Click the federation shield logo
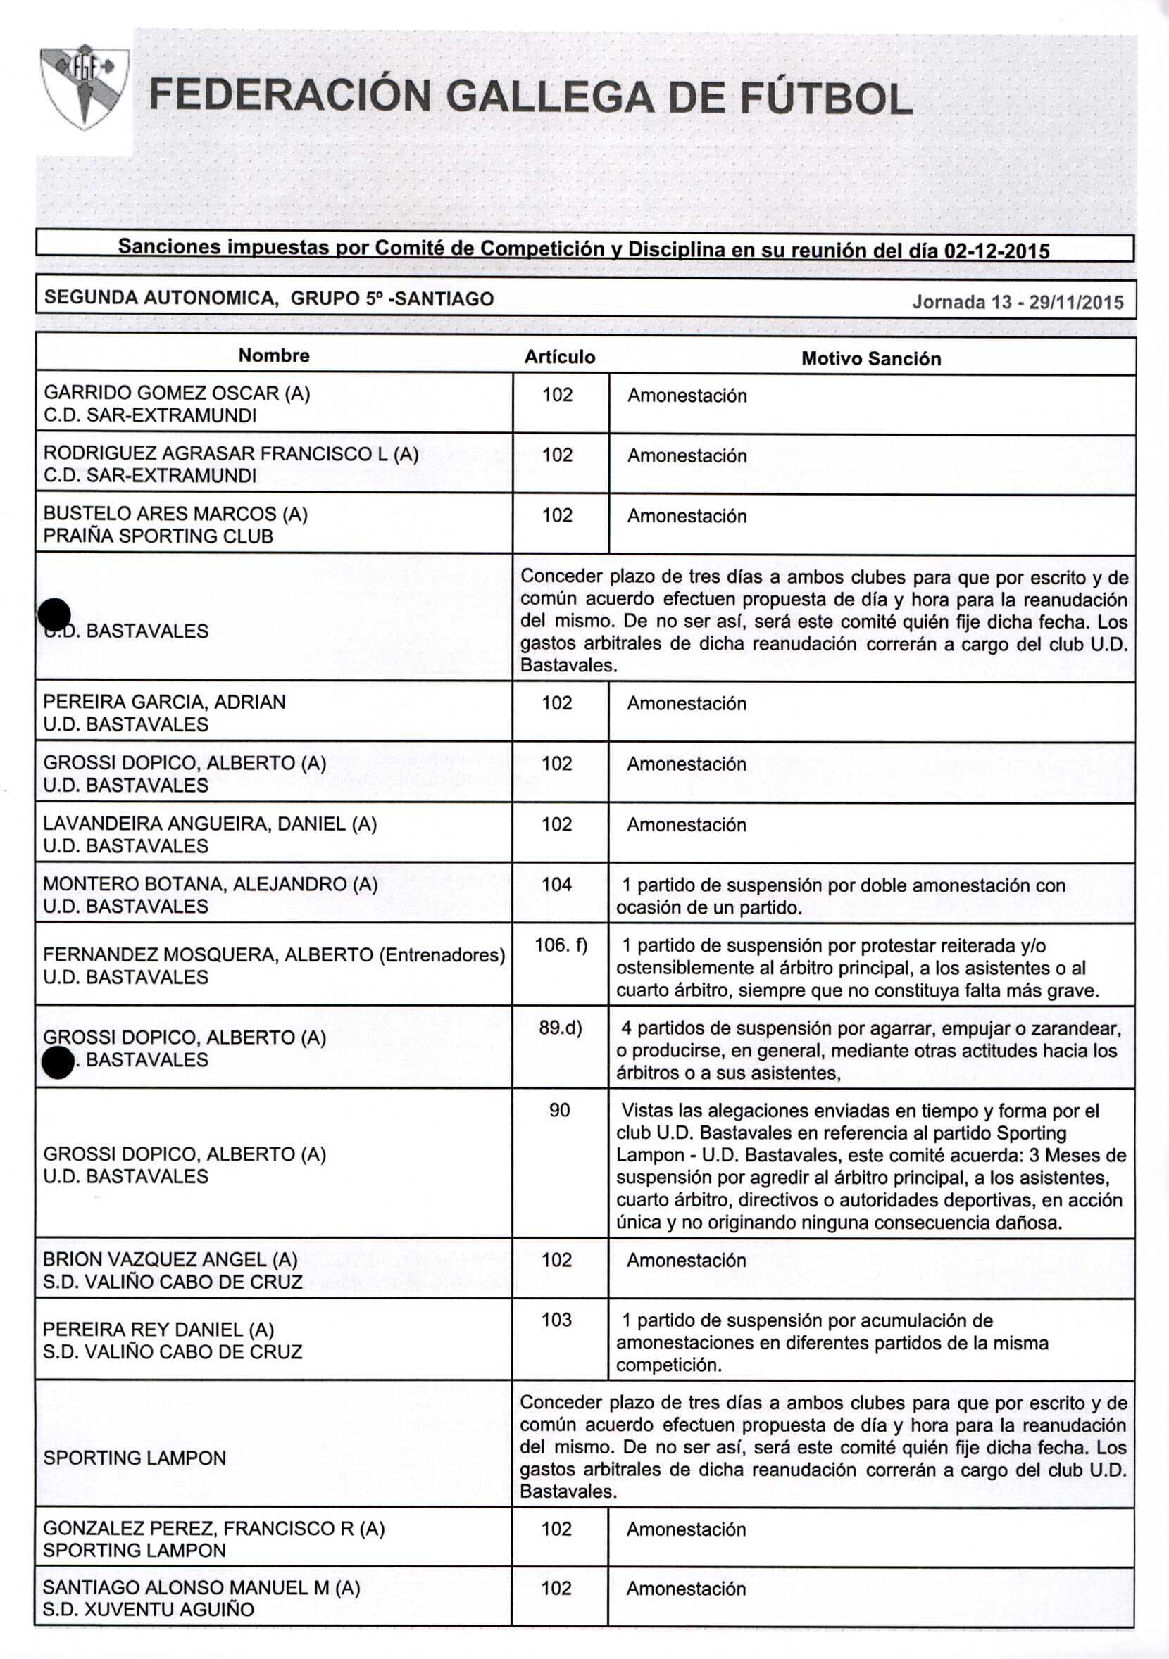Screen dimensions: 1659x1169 click(85, 87)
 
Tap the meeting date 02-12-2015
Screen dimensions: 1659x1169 click(997, 251)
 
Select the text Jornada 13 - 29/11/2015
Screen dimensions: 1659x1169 click(1017, 302)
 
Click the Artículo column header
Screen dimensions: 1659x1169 click(560, 357)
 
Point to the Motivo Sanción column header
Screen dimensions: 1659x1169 click(870, 358)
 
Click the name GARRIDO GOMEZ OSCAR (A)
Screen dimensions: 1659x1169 click(176, 393)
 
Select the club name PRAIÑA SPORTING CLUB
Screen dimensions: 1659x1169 click(158, 536)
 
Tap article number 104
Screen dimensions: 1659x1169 click(556, 885)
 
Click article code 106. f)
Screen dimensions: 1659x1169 click(561, 945)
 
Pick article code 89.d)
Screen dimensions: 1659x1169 click(561, 1027)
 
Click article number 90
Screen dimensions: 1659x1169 click(559, 1109)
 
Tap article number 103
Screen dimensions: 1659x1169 click(556, 1320)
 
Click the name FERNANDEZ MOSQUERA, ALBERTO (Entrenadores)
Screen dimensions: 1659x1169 click(273, 954)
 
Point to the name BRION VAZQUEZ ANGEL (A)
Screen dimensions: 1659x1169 click(170, 1259)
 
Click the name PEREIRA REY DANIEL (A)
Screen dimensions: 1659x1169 click(158, 1330)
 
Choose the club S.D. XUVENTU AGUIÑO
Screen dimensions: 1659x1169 click(148, 1609)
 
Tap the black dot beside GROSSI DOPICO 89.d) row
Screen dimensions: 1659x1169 click(57, 1064)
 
